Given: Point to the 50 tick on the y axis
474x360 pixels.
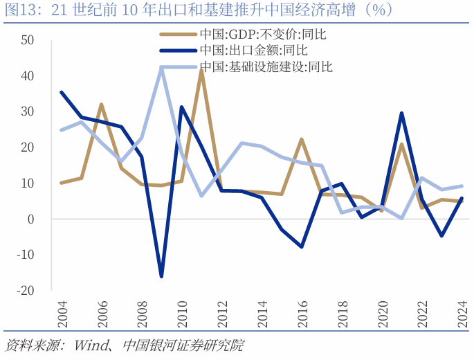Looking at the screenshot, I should [x=28, y=39].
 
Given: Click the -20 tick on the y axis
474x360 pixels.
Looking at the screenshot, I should [x=25, y=291].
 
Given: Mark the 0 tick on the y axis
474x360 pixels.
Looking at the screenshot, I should [x=30, y=219].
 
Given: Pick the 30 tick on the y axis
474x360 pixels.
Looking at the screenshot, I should [x=28, y=111].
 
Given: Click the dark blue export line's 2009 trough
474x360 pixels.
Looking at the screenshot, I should [x=161, y=276].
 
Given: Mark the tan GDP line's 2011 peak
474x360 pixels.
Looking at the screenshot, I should [x=201, y=70].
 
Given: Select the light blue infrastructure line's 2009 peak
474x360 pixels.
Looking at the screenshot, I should [x=161, y=67].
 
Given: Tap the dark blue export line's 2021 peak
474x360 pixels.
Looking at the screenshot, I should [x=402, y=113].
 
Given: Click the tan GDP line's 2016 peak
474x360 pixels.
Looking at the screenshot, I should [x=302, y=139].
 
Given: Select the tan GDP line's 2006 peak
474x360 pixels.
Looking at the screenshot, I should [x=101, y=105].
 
